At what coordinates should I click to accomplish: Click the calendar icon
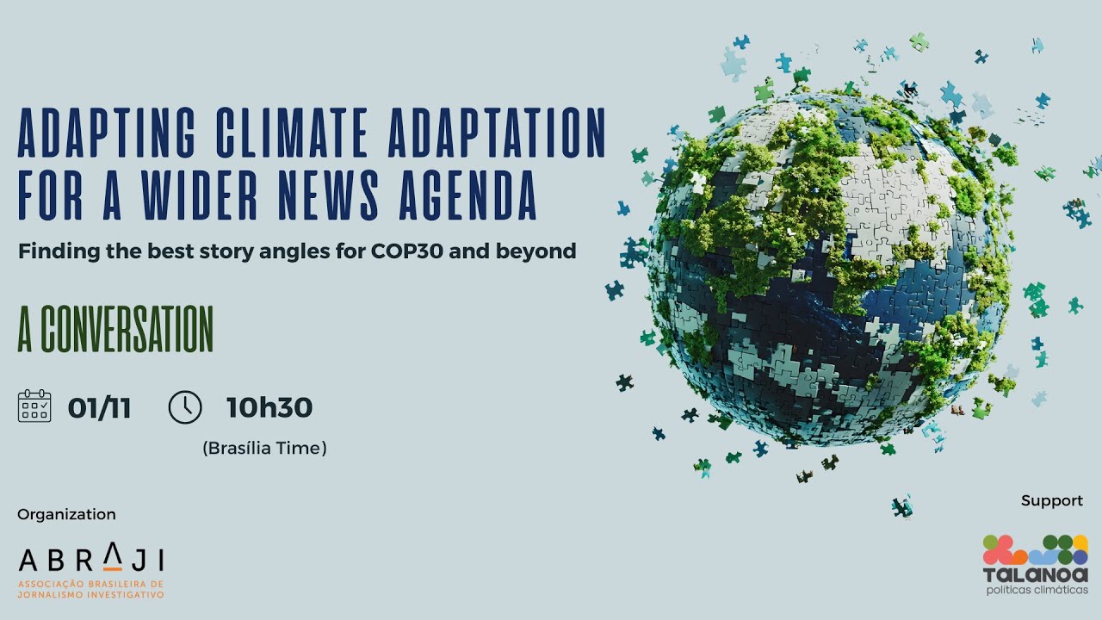pyautogui.click(x=34, y=406)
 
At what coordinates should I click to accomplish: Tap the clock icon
pyautogui.click(x=185, y=406)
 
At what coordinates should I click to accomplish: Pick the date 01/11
pyautogui.click(x=99, y=407)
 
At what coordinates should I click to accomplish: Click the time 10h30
pyautogui.click(x=269, y=407)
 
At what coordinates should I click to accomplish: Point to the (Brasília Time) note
pyautogui.click(x=264, y=448)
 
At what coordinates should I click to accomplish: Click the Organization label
pyautogui.click(x=66, y=514)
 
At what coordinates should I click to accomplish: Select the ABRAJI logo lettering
pyautogui.click(x=91, y=560)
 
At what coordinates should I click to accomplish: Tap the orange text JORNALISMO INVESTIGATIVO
pyautogui.click(x=91, y=594)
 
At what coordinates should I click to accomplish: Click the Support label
pyautogui.click(x=1051, y=500)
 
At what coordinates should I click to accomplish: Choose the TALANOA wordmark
pyautogui.click(x=1036, y=574)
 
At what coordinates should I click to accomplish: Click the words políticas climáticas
pyautogui.click(x=1036, y=590)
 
